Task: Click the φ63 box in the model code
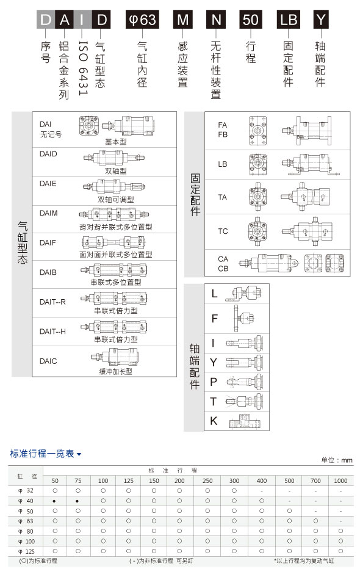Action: (142, 20)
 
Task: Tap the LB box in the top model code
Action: (289, 20)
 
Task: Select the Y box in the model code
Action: (321, 20)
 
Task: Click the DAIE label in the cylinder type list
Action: (48, 184)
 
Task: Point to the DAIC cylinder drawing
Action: (115, 357)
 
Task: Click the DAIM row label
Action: (49, 213)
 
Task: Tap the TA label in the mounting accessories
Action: (223, 197)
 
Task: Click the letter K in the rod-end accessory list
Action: (214, 421)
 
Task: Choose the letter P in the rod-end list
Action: (214, 382)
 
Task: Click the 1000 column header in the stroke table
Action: (340, 481)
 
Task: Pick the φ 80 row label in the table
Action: (26, 531)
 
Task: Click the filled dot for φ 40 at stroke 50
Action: (54, 501)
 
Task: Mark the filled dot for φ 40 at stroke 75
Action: (77, 501)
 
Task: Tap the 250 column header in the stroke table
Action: (207, 481)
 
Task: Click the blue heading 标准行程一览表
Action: (42, 454)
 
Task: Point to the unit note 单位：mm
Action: (337, 460)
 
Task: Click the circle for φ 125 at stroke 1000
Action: (340, 551)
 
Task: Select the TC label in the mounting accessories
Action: (223, 231)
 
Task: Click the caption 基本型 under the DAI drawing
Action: (116, 142)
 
